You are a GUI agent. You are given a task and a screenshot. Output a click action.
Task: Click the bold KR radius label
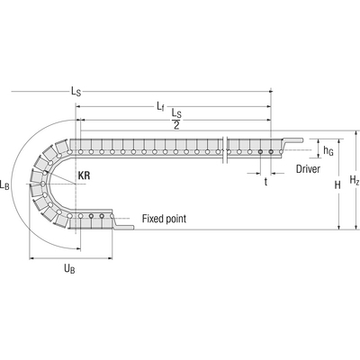84,175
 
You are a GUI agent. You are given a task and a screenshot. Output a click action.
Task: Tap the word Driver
308,169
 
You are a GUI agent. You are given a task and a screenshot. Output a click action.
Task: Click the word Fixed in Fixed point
152,219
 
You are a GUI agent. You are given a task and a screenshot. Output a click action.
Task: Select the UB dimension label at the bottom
69,268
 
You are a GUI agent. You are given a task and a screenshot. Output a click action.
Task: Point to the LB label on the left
4,184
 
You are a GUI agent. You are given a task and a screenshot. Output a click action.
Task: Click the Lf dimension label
160,106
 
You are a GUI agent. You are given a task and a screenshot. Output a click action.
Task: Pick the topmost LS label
76,92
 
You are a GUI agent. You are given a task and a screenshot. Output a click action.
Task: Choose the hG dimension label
328,151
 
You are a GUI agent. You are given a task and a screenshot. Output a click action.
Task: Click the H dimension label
337,185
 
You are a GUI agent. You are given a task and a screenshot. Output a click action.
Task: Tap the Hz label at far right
355,180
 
